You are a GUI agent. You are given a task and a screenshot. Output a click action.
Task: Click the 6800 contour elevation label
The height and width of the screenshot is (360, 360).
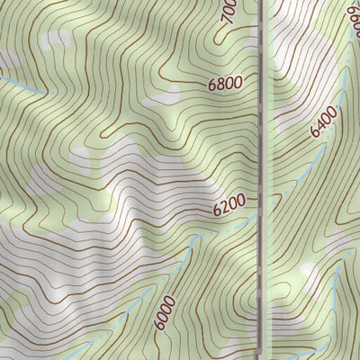pos(225,85)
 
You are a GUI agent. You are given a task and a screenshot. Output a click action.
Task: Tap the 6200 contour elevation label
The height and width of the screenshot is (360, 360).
pos(229,208)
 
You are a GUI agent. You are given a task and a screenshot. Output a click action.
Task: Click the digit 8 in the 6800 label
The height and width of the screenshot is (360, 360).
pos(221,85)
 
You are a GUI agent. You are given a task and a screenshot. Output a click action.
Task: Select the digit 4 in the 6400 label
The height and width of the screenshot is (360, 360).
pos(321,124)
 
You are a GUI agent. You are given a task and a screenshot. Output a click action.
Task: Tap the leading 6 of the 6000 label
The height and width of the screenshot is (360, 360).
pos(159,325)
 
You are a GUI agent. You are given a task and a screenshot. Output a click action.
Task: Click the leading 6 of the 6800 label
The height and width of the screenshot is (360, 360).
pos(212,86)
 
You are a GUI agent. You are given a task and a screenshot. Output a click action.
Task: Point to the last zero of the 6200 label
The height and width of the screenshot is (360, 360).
pos(242,205)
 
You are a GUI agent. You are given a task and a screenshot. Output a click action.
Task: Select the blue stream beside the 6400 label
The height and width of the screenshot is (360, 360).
pos(310,166)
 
